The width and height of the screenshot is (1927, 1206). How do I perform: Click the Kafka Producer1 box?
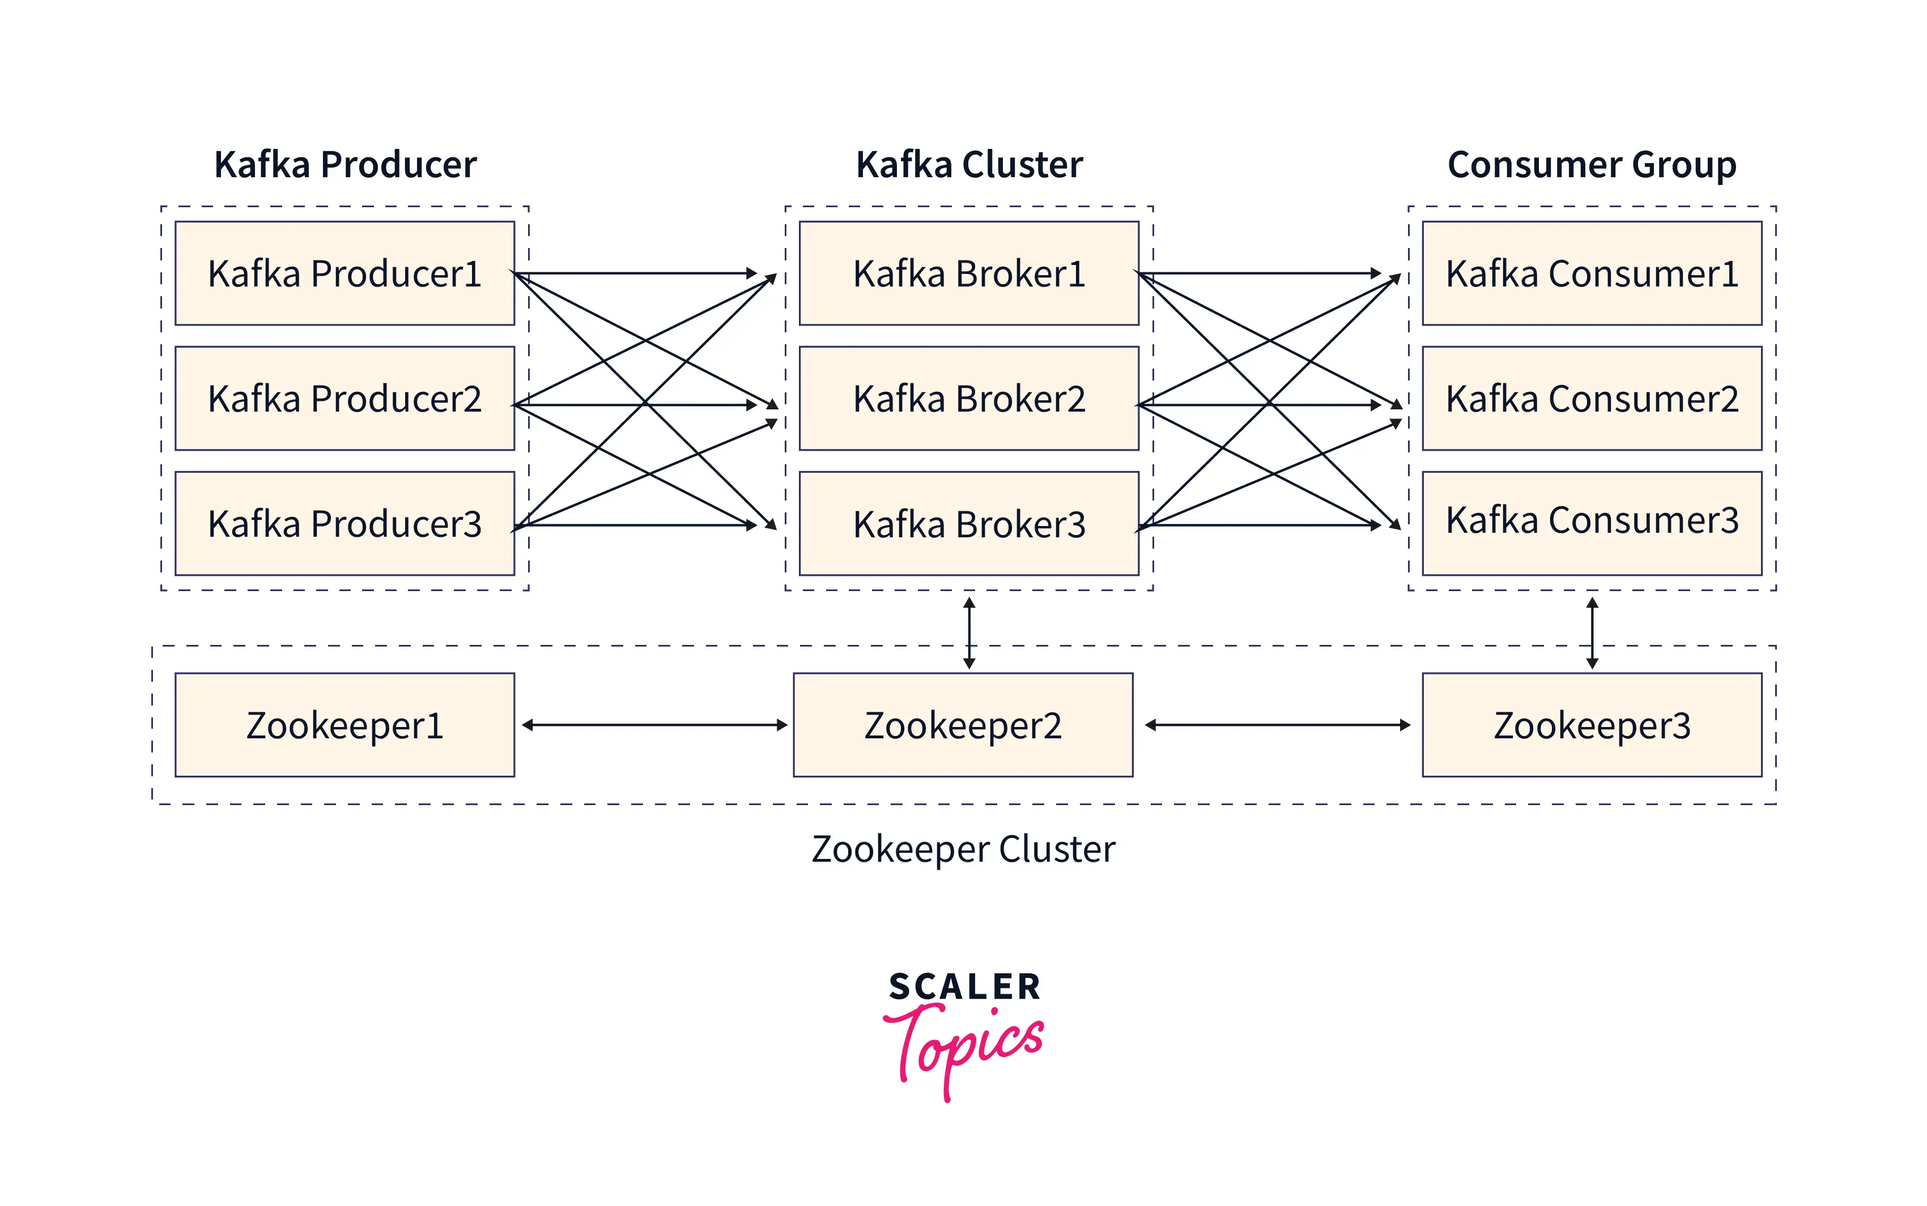tap(344, 273)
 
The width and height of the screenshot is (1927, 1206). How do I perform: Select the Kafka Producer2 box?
tap(344, 398)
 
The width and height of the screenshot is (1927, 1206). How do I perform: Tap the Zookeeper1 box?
tap(344, 725)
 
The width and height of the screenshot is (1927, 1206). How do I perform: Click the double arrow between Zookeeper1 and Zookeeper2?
tap(654, 725)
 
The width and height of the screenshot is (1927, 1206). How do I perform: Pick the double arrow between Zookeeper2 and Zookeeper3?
tap(1277, 725)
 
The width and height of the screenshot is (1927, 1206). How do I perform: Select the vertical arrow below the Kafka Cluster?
tap(969, 634)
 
